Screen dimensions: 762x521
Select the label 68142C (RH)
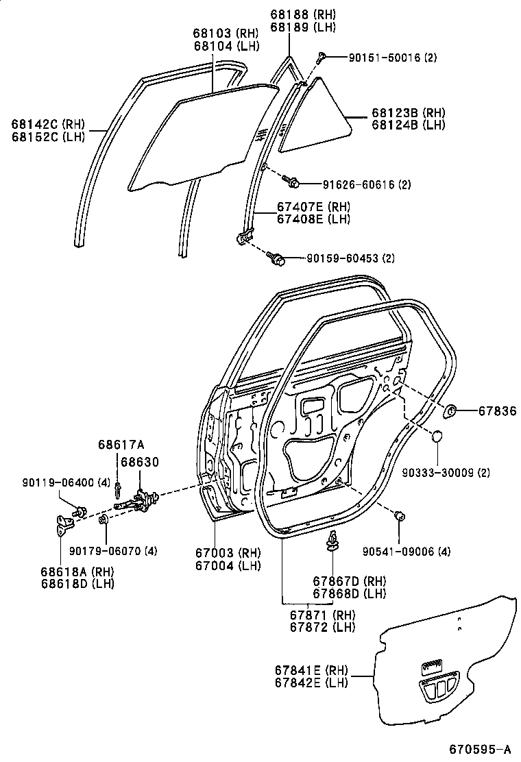tap(46, 124)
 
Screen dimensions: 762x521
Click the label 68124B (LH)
tap(409, 125)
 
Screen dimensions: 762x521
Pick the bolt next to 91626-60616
tap(292, 182)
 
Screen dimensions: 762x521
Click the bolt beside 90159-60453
tap(278, 258)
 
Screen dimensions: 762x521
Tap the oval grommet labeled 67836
tap(452, 411)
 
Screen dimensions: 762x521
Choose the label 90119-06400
tap(53, 482)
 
